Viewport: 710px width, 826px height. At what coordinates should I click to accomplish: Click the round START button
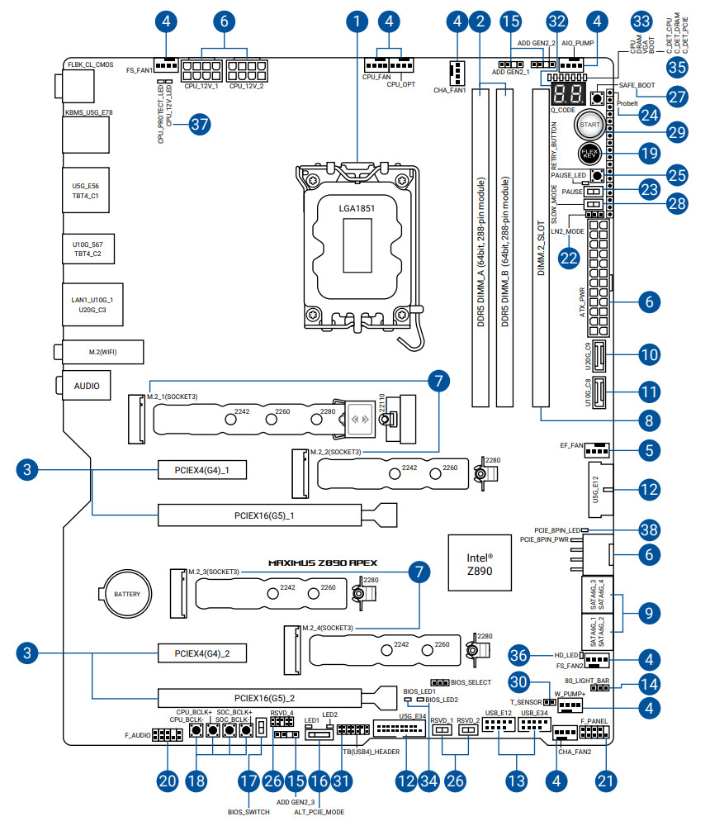point(589,125)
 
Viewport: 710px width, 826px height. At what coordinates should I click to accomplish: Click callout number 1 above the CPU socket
point(357,20)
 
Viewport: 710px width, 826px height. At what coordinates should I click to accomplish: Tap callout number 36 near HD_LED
point(520,653)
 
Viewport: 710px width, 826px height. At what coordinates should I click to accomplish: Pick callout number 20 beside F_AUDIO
point(168,779)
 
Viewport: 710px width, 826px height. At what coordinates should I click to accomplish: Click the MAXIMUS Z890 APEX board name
point(323,562)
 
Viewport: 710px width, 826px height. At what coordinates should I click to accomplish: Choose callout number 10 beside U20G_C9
point(649,355)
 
